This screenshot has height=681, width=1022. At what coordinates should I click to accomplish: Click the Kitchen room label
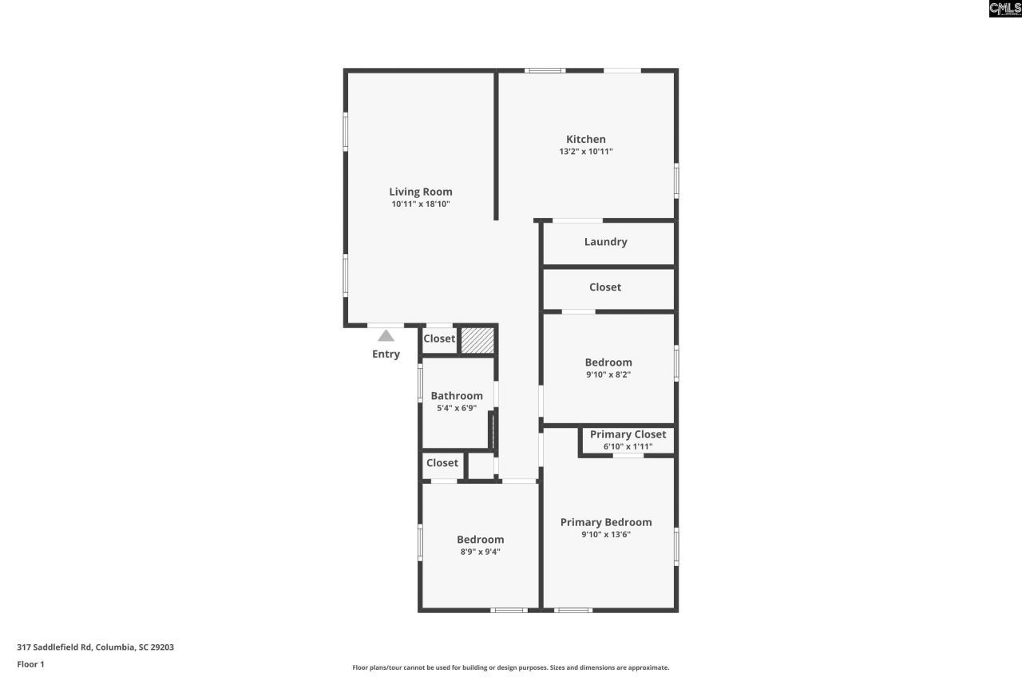tap(586, 139)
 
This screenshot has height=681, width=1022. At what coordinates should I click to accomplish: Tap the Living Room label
tap(421, 192)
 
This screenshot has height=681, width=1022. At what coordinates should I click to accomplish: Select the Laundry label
tap(605, 242)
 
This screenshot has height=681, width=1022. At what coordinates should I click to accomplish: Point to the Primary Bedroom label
tap(606, 522)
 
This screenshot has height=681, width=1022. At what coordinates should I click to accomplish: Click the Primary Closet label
tap(628, 434)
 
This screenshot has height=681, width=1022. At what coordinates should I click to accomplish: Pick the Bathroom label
tap(457, 396)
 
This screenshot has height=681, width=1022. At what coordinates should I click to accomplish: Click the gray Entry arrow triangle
tap(386, 336)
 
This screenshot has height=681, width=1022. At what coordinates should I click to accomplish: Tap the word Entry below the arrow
tap(386, 354)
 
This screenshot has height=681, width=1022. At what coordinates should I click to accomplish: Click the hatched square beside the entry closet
tap(478, 340)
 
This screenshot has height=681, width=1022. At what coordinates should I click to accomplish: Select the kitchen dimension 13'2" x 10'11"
tap(586, 151)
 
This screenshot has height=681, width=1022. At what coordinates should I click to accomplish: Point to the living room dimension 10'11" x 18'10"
tap(421, 204)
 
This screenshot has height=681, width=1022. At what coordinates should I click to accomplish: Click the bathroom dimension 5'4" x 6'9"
tap(457, 408)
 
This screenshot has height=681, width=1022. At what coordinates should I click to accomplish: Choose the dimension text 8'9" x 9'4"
tap(480, 552)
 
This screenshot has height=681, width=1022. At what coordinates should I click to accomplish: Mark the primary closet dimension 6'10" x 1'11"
tap(628, 446)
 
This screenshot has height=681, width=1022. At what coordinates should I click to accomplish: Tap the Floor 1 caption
tap(30, 664)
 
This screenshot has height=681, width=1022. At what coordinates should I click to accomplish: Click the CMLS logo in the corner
tap(1004, 9)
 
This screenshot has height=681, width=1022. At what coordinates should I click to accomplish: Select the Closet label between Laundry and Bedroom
tap(605, 287)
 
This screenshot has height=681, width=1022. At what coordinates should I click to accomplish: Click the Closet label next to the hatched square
tap(439, 339)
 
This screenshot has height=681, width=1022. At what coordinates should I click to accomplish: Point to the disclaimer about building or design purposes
tap(511, 667)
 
